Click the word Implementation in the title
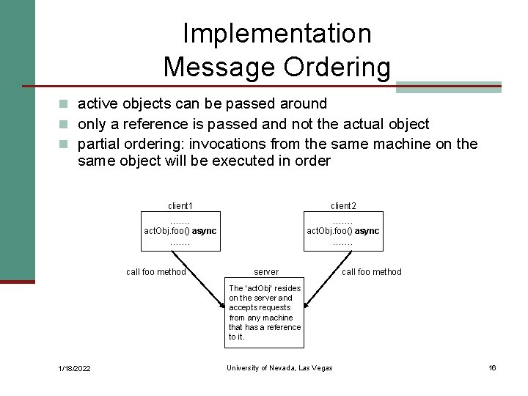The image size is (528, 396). coord(277,33)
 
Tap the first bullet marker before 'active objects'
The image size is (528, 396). coord(66,104)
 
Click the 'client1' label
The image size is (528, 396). coord(180,206)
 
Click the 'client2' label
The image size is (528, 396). coord(343,206)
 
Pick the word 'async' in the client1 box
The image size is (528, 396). coord(205,231)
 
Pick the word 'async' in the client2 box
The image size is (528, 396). coord(367,231)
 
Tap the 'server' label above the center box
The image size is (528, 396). coord(266,272)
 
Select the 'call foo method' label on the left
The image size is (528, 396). coord(156,272)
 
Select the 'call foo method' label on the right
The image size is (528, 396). coord(372,272)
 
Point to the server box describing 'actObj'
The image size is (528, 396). coord(265,313)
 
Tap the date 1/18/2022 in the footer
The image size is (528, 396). coord(74,368)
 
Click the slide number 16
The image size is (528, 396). coord(493,367)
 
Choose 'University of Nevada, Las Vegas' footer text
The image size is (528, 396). coord(279,368)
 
